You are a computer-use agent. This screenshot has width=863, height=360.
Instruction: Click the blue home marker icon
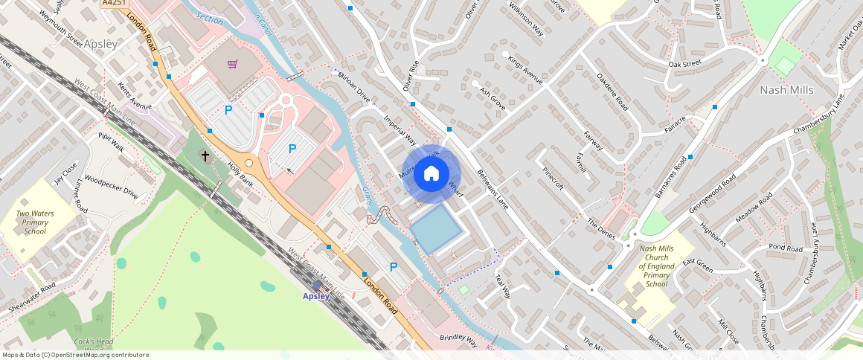[x=431, y=174]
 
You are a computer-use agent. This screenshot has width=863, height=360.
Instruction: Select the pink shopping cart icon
[x=233, y=65]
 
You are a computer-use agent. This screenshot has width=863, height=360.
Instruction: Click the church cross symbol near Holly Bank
[x=205, y=155]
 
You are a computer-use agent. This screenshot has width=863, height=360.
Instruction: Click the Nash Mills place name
[x=786, y=90]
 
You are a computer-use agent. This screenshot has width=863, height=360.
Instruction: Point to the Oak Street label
[x=685, y=64]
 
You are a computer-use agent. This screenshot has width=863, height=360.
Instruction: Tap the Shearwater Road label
[x=31, y=298]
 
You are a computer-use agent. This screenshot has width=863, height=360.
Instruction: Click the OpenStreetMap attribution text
[x=76, y=355]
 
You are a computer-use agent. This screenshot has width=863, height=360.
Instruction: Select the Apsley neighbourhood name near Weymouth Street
[x=100, y=44]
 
